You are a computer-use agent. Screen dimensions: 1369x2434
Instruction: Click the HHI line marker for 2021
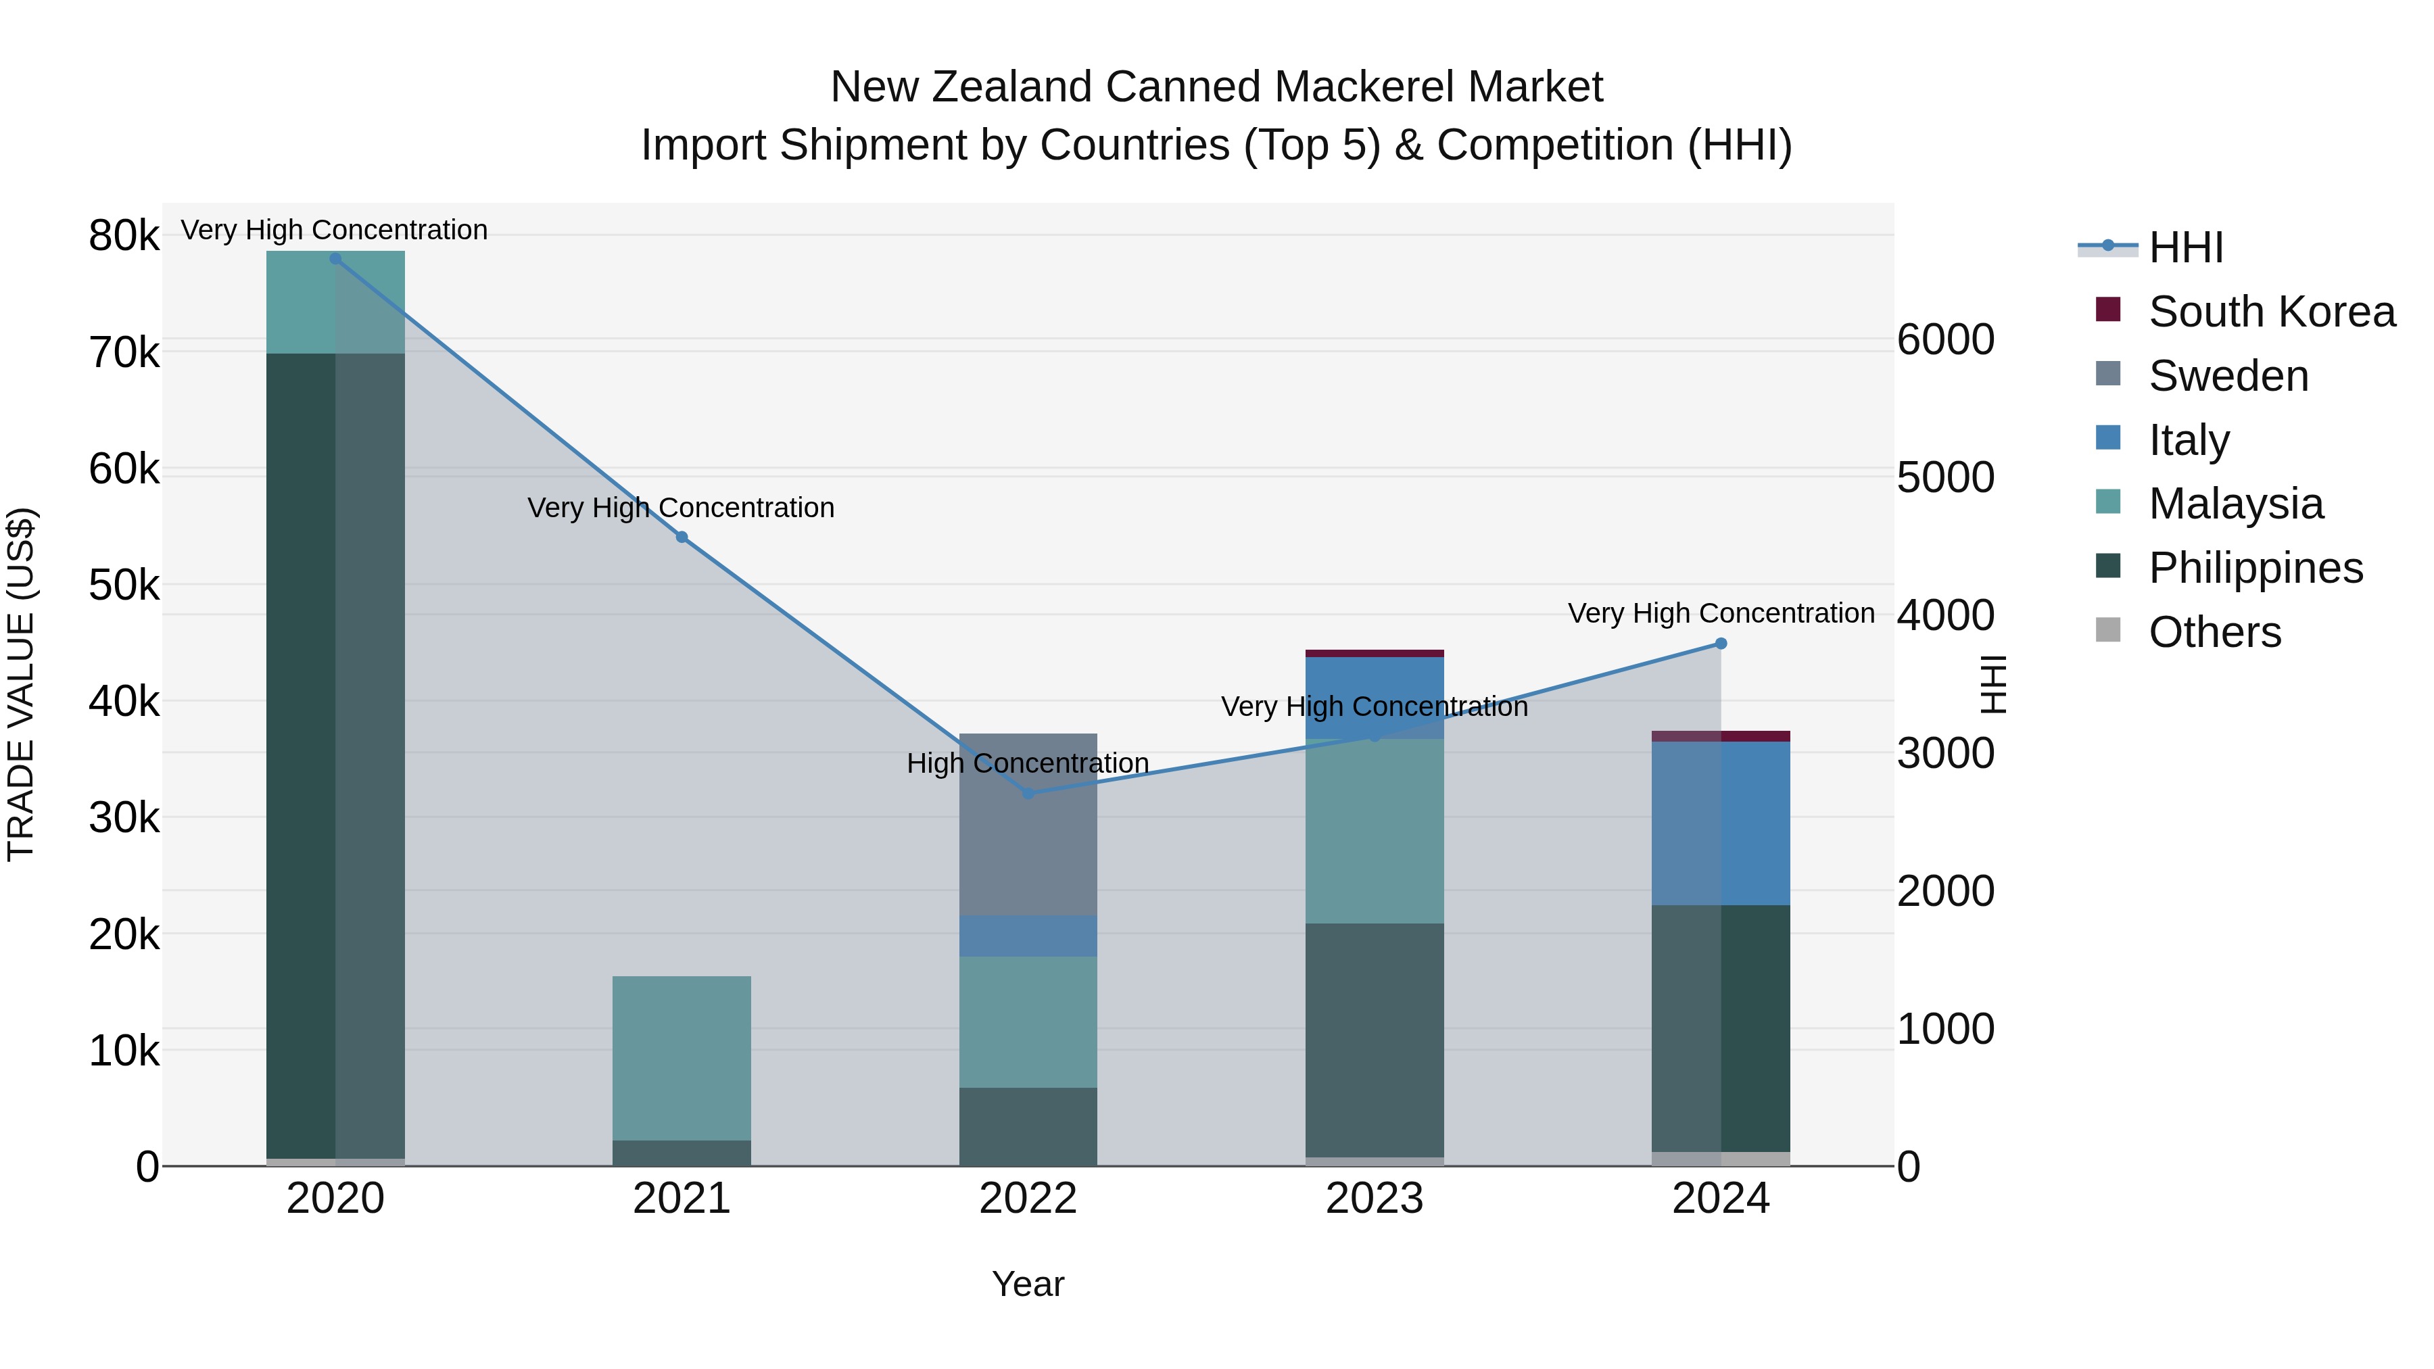(682, 537)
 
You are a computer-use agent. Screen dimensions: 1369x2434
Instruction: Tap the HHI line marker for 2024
(1721, 644)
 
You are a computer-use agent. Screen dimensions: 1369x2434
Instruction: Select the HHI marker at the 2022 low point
(1028, 793)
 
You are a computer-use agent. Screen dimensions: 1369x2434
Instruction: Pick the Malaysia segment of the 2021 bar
(682, 1058)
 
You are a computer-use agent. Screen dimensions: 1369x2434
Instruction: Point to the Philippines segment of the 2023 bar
(1375, 1039)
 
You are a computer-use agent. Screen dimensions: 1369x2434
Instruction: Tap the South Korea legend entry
(2270, 312)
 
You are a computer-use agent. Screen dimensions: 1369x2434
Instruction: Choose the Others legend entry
(2214, 632)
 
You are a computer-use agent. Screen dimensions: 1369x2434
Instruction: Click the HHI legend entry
(2185, 247)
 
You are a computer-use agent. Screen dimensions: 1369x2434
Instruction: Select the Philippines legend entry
(2254, 568)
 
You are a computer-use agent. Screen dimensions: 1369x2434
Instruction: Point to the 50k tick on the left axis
(124, 585)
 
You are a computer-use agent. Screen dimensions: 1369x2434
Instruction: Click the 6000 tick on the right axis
(1945, 340)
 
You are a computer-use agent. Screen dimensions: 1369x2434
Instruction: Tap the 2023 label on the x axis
(1375, 1199)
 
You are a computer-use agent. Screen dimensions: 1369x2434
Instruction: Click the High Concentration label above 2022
(1028, 763)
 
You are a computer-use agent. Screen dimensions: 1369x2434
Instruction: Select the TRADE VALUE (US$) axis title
(22, 684)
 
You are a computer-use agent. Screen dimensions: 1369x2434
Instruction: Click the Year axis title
(1028, 1284)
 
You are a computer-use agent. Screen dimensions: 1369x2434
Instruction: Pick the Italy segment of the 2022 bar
(1028, 936)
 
